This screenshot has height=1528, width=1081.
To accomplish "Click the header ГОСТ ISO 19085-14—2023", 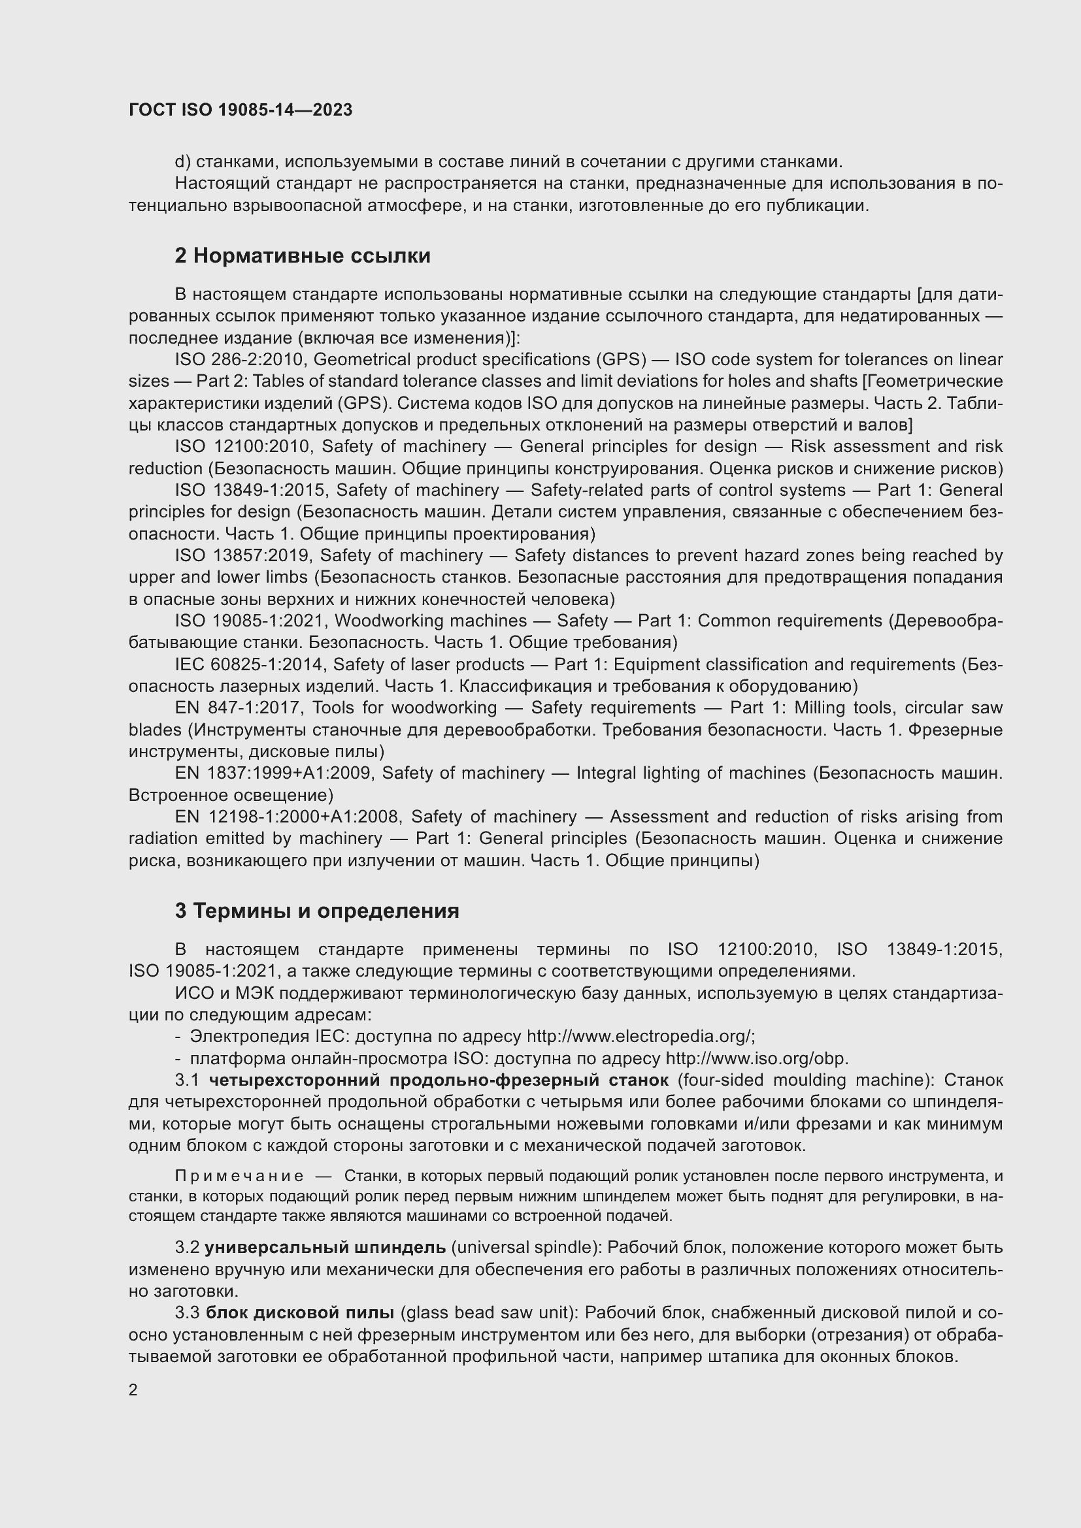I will tap(241, 110).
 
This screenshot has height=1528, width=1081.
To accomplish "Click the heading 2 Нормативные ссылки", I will tap(302, 255).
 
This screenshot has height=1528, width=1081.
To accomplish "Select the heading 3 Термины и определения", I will tap(317, 911).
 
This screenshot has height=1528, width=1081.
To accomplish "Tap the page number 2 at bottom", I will tap(133, 1390).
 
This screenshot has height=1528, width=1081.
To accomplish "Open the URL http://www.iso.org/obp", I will tap(756, 1058).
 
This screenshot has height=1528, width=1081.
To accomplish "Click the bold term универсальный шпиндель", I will tap(325, 1247).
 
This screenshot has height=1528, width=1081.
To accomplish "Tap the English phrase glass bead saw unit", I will tap(490, 1312).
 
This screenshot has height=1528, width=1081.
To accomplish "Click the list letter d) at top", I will tap(182, 162).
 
